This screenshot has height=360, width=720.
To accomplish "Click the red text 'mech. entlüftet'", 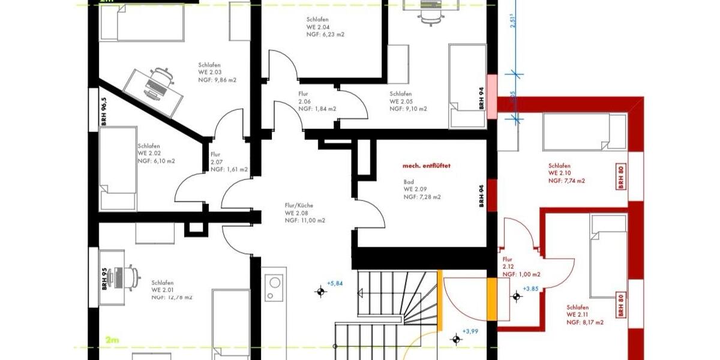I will pyautogui.click(x=426, y=166).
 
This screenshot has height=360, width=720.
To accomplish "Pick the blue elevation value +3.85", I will pyautogui.click(x=530, y=289).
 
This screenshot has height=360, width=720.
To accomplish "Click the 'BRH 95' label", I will pyautogui.click(x=104, y=278).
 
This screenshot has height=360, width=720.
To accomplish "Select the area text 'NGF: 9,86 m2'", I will pyautogui.click(x=217, y=80).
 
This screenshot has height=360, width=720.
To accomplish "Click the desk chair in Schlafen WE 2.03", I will pyautogui.click(x=161, y=78).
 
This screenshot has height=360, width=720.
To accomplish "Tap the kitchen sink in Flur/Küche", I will pyautogui.click(x=275, y=282).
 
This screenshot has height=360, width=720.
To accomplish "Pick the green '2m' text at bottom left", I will pyautogui.click(x=112, y=340).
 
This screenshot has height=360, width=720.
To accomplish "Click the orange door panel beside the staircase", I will pyautogui.click(x=491, y=300).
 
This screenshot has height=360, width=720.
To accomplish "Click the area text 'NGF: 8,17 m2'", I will pyautogui.click(x=585, y=322).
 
